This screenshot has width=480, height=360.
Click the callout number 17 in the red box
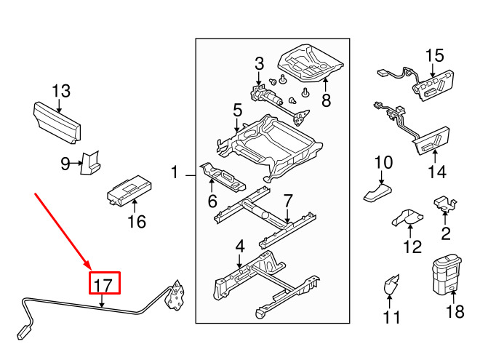pyautogui.click(x=103, y=285)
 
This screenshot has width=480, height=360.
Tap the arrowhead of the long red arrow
pyautogui.click(x=87, y=265)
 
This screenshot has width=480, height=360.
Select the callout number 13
pyautogui.click(x=61, y=91)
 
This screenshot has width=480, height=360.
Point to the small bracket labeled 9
pyautogui.click(x=90, y=163)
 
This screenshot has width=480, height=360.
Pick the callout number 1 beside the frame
pyautogui.click(x=175, y=172)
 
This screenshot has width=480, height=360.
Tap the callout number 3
pyautogui.click(x=259, y=64)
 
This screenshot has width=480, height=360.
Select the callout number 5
pyautogui.click(x=238, y=111)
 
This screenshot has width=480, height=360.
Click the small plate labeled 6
pyautogui.click(x=223, y=177)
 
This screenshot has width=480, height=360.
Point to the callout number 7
pyautogui.click(x=288, y=201)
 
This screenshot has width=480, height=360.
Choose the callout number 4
pyautogui.click(x=240, y=247)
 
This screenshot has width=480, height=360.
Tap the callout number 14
pyautogui.click(x=437, y=172)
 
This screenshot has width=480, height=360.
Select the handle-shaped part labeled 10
pyautogui.click(x=377, y=193)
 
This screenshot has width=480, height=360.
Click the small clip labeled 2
pyautogui.click(x=445, y=204)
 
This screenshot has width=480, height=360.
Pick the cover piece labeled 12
pyautogui.click(x=408, y=218)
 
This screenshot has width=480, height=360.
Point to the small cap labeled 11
pyautogui.click(x=391, y=284)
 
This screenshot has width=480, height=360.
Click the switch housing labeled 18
pyautogui.click(x=447, y=275)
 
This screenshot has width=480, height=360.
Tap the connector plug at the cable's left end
pyautogui.click(x=24, y=333)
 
